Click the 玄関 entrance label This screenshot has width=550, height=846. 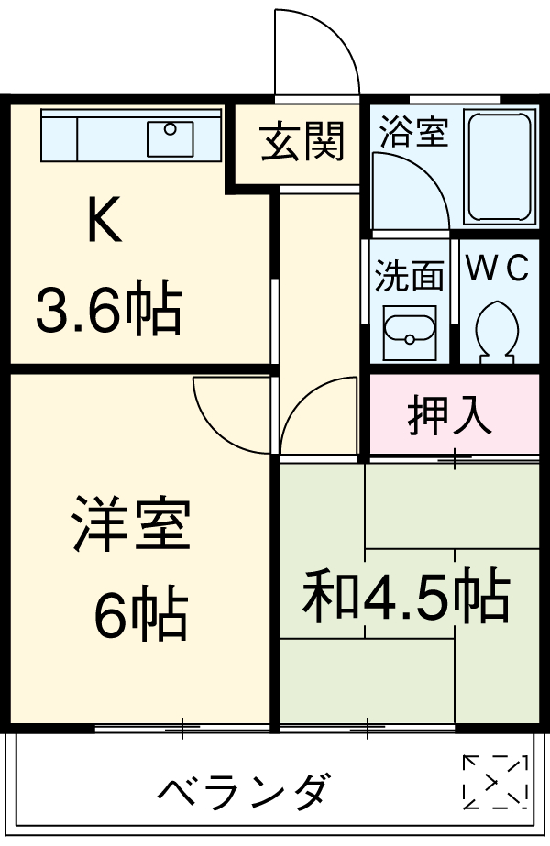tap(302, 142)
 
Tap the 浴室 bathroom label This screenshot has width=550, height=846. tap(413, 132)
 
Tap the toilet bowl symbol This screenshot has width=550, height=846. tap(497, 329)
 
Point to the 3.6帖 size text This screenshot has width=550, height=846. tap(107, 311)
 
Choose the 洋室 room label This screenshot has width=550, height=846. tap(131, 524)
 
